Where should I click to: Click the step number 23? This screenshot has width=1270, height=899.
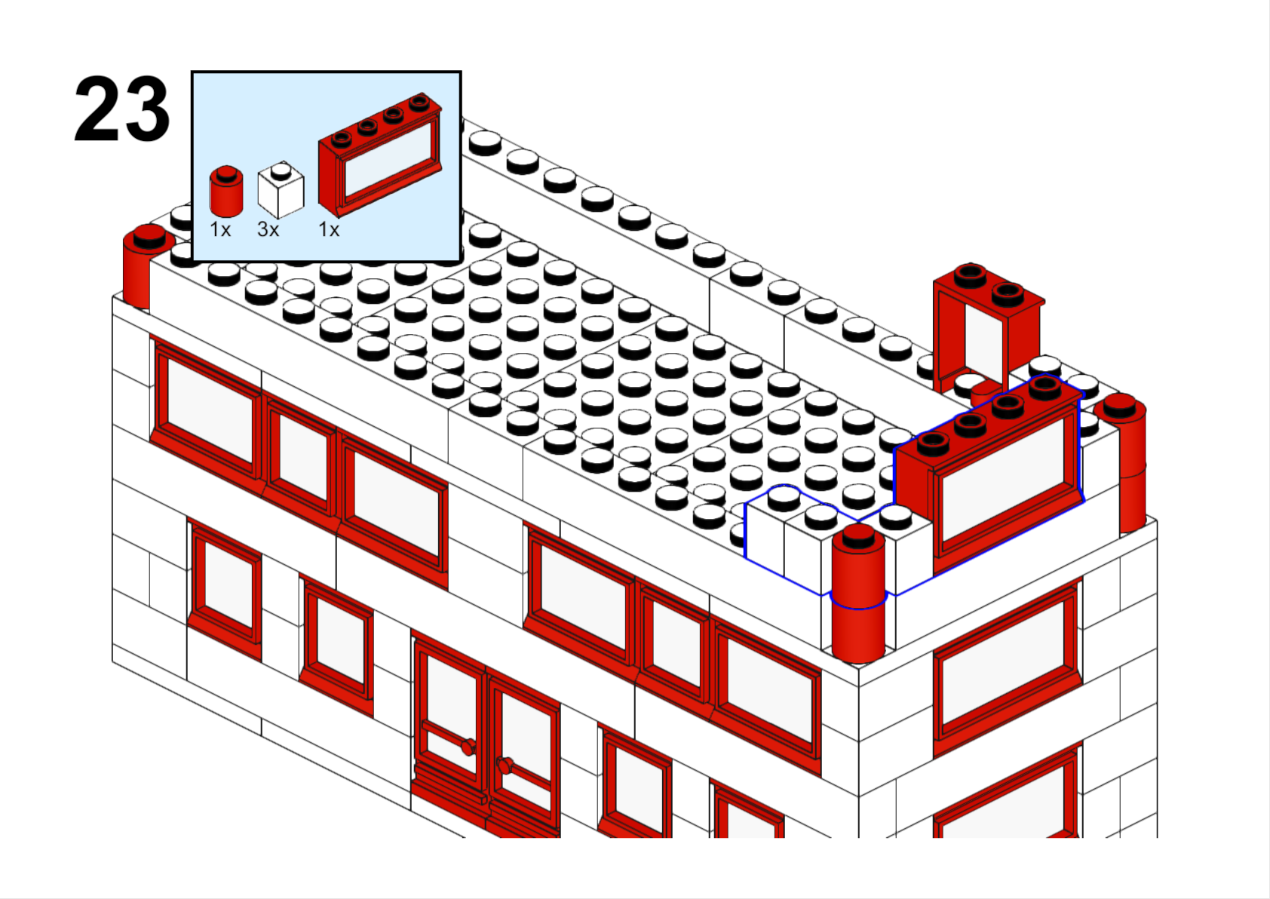pyautogui.click(x=122, y=109)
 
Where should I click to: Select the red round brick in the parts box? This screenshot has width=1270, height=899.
pyautogui.click(x=226, y=191)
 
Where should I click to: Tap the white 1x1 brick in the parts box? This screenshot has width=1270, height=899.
pyautogui.click(x=281, y=190)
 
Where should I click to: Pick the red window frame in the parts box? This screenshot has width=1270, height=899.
pyautogui.click(x=380, y=154)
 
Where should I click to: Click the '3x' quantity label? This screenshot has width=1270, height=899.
pyautogui.click(x=268, y=229)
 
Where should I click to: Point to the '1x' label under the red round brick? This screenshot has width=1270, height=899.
pyautogui.click(x=220, y=229)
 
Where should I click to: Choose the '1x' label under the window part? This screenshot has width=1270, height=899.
pyautogui.click(x=329, y=229)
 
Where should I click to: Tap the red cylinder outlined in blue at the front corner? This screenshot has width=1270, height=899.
pyautogui.click(x=858, y=592)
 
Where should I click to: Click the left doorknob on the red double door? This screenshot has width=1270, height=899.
pyautogui.click(x=468, y=747)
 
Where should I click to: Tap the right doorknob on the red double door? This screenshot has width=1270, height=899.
pyautogui.click(x=504, y=766)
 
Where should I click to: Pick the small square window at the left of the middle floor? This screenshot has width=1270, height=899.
pyautogui.click(x=225, y=590)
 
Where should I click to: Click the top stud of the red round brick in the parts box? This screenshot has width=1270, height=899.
pyautogui.click(x=227, y=172)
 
